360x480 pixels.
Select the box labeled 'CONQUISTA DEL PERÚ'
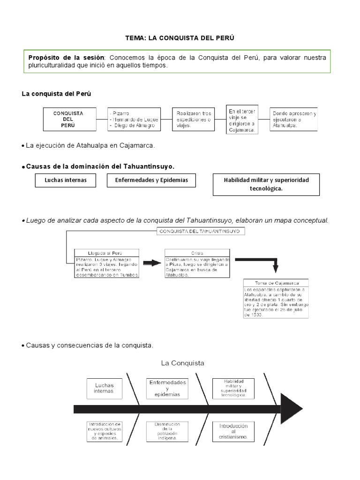coord(69,119)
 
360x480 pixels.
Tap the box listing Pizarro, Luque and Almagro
coord(134,120)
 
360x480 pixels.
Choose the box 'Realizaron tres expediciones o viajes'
coord(194,119)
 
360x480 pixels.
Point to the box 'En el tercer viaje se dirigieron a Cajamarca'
coord(242,120)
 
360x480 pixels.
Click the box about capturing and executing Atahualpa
coord(294,120)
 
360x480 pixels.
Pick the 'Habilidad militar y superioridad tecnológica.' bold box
coord(266,184)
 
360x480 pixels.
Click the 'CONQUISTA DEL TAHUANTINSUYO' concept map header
coord(200,231)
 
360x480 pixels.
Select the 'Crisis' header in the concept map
coord(197,252)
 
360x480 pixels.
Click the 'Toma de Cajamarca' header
coord(276,283)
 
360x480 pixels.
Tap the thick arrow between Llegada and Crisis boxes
coord(152,263)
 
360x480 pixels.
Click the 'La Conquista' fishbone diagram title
coord(182,363)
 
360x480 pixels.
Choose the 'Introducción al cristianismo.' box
coord(232,432)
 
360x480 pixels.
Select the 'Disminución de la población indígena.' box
coord(167,431)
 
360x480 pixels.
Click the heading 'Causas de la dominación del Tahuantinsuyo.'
coord(100,166)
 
